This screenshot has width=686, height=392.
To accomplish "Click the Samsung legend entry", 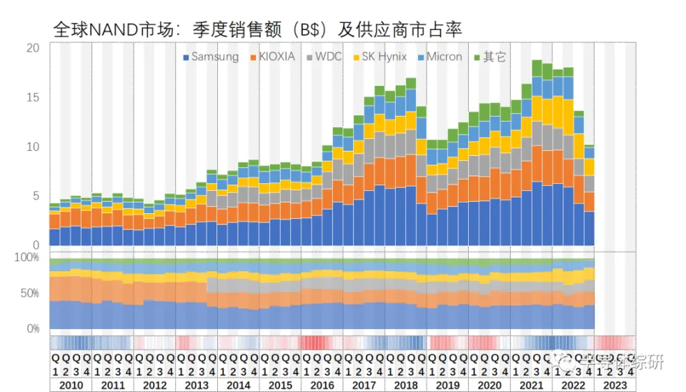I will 211,57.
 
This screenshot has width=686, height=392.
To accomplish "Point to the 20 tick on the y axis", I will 34,49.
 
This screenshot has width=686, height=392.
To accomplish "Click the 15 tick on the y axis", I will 34,98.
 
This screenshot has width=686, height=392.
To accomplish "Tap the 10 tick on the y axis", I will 34,147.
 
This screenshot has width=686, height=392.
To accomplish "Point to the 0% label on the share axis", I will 33,329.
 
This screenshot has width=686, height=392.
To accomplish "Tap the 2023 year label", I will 614,386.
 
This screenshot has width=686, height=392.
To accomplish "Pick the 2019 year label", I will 447,386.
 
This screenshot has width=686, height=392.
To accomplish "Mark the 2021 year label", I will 530,386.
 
